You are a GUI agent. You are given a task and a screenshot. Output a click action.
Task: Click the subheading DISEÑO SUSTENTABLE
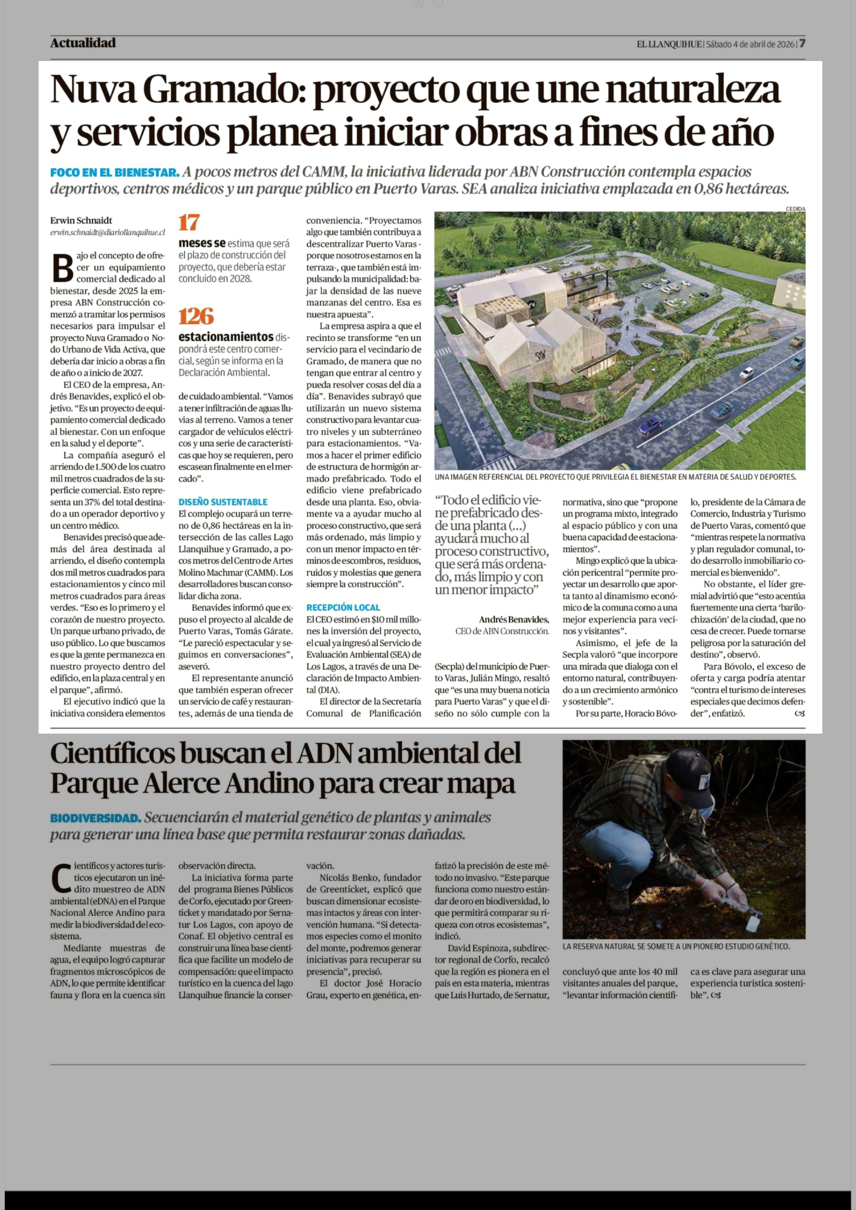[x=223, y=502]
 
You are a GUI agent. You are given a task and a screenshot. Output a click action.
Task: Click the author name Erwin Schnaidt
[x=81, y=220]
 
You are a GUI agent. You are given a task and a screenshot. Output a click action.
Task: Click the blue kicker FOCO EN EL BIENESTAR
[x=114, y=172]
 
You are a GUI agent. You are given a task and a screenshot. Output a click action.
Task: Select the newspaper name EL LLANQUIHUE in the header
[x=669, y=44]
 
